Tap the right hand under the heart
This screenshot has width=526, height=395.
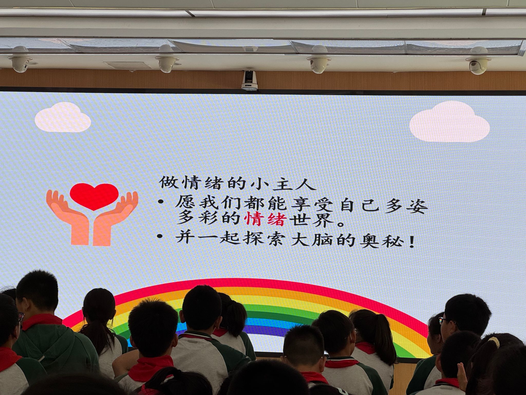(116, 219)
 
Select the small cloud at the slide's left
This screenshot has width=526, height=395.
(63, 117)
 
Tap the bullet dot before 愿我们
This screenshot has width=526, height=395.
(161, 203)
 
